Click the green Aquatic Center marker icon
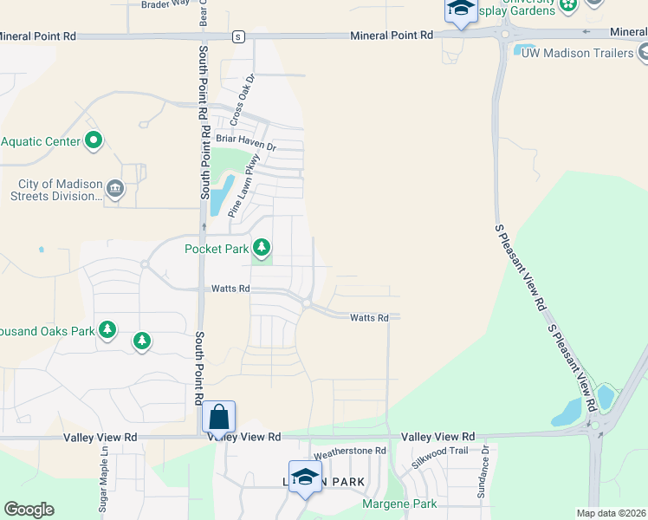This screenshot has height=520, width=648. pyautogui.click(x=94, y=140)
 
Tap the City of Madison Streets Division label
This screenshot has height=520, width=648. pyautogui.click(x=60, y=190)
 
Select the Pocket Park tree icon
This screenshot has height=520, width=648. pyautogui.click(x=262, y=249)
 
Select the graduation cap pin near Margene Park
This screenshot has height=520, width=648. pyautogui.click(x=304, y=478)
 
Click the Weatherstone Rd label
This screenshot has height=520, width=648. pyautogui.click(x=349, y=451)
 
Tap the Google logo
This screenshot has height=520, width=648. pyautogui.click(x=29, y=510)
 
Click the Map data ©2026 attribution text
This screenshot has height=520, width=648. pyautogui.click(x=611, y=513)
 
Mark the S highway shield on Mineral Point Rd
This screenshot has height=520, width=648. pyautogui.click(x=237, y=36)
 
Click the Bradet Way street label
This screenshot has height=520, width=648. pyautogui.click(x=165, y=3)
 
